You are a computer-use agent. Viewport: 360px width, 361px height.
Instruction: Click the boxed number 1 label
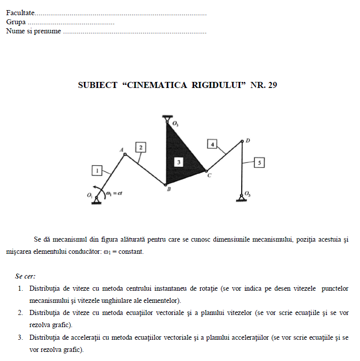(97, 171)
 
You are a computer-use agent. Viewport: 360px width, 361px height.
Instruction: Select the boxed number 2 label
(141, 147)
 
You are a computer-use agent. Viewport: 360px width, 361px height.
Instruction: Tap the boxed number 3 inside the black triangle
(178, 162)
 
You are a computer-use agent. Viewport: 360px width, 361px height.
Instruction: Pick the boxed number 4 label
(213, 145)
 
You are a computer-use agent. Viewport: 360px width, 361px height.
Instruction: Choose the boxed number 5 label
(259, 163)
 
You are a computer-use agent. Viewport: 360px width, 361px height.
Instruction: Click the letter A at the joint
(121, 150)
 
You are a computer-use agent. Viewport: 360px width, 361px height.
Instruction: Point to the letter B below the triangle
(168, 190)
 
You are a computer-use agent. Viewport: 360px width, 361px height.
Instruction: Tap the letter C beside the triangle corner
(209, 175)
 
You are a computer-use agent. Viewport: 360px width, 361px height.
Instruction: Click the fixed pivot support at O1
(96, 200)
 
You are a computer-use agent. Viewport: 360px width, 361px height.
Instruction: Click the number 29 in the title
(272, 85)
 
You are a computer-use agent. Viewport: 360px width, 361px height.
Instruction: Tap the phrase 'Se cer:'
(25, 276)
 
